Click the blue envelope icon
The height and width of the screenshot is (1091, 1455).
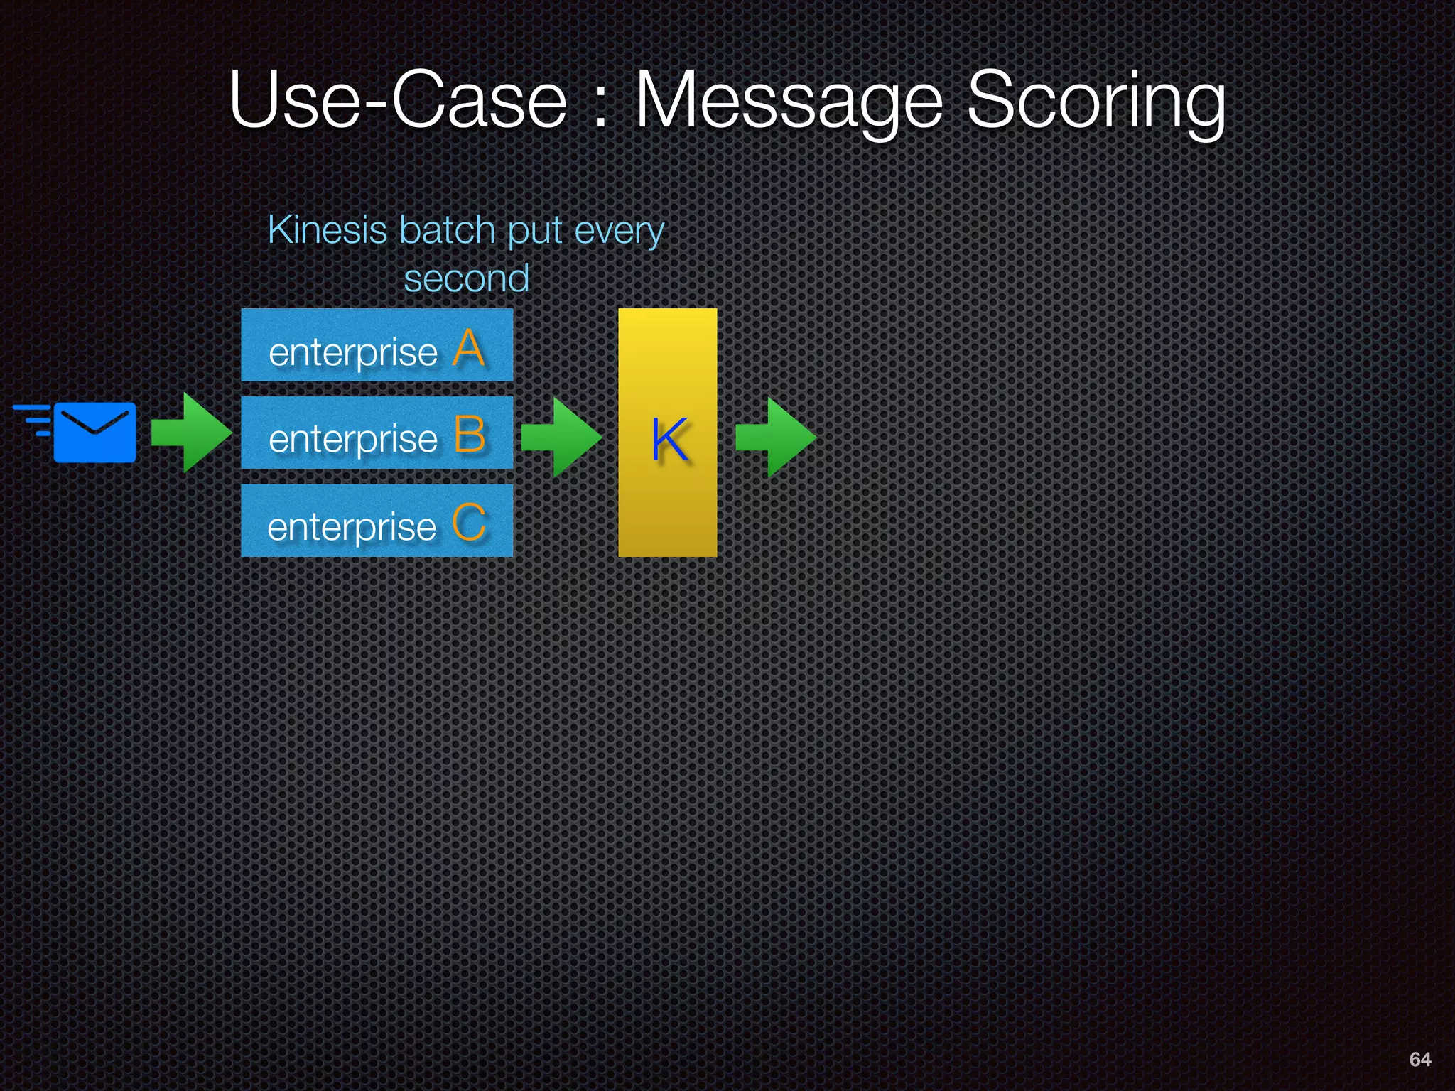[x=94, y=432]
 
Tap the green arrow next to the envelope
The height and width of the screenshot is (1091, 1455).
[x=190, y=433]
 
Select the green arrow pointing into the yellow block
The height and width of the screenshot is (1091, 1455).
[x=561, y=437]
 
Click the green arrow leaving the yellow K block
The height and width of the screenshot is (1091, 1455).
[x=775, y=437]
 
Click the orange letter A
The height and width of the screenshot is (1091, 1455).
[x=469, y=349]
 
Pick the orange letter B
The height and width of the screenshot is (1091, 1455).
[x=470, y=435]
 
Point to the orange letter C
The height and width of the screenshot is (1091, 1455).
[x=469, y=523]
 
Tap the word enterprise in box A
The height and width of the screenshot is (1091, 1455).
[x=353, y=352]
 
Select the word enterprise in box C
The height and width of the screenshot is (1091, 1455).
[x=352, y=527]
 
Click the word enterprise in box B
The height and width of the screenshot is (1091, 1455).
[x=353, y=439]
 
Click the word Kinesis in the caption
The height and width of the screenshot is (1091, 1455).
[x=328, y=230]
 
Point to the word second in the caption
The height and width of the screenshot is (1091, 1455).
[x=467, y=278]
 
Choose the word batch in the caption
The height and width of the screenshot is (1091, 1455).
[x=447, y=230]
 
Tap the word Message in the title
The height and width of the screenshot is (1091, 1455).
[x=789, y=101]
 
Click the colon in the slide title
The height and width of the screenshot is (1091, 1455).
[x=601, y=107]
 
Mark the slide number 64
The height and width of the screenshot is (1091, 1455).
[x=1419, y=1059]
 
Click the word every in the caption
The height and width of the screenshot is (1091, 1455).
[x=620, y=232]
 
